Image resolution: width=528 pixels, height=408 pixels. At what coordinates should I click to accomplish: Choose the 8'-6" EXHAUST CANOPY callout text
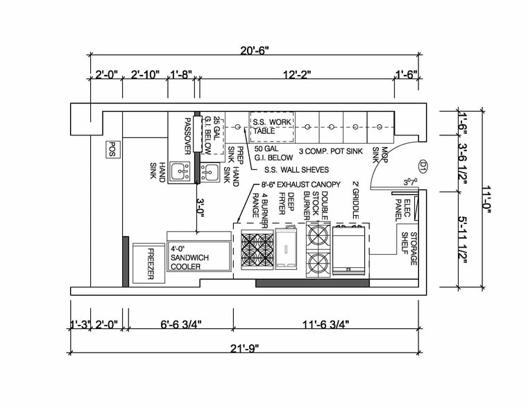[x=300, y=184]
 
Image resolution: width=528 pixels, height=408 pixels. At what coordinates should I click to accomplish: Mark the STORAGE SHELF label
[x=409, y=249]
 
